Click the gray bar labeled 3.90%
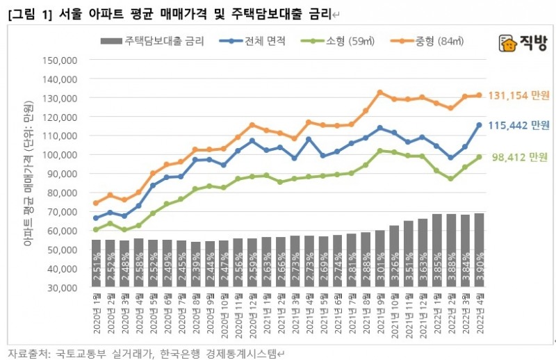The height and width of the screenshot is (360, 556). pos(478,250)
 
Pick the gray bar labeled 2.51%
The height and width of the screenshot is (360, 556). pos(96,263)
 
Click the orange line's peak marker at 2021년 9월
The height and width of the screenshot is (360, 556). pos(379,92)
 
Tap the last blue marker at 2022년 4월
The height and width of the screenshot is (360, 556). pos(478,125)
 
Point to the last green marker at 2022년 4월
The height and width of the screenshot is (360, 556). pos(478,157)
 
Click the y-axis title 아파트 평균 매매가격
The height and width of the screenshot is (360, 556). pos(28,174)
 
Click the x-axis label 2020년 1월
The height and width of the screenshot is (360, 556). pos(96,313)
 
